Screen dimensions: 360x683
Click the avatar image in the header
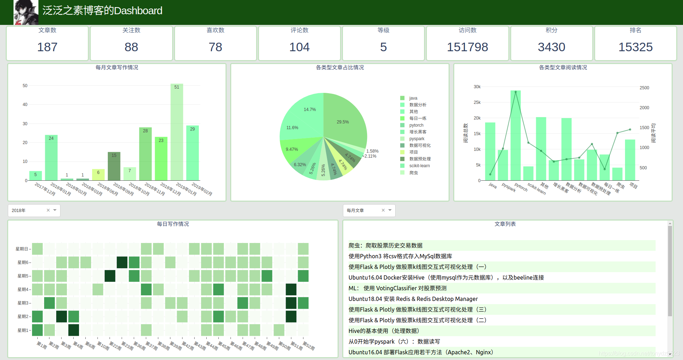(x=26, y=12)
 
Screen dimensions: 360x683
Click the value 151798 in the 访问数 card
(x=467, y=47)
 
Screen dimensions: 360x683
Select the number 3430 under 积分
(x=551, y=47)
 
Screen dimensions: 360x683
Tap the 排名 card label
(x=635, y=30)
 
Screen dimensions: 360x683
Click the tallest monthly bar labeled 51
(x=177, y=135)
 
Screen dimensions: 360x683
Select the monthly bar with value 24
(x=51, y=158)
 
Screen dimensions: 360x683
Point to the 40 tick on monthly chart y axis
(x=25, y=105)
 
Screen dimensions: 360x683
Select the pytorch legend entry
(x=416, y=125)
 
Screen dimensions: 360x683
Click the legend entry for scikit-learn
(x=419, y=166)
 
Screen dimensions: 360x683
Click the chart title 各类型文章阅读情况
(x=563, y=68)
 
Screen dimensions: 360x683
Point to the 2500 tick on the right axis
(x=644, y=88)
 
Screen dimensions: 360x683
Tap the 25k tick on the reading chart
(x=477, y=102)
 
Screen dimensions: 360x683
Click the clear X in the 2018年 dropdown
(x=48, y=210)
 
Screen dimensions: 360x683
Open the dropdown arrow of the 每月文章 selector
(x=390, y=210)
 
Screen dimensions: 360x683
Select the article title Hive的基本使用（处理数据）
(x=384, y=331)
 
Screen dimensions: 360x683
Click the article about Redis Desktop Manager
(x=413, y=299)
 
